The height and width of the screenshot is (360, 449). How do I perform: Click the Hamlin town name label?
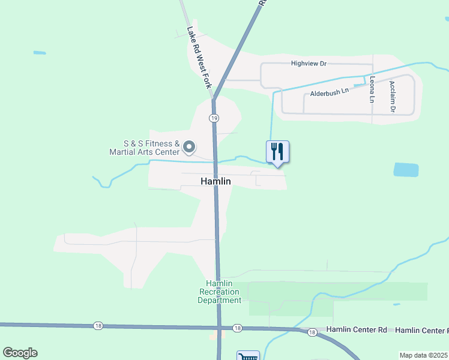coord(215,181)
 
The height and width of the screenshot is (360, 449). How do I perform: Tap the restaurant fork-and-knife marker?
coord(277,151)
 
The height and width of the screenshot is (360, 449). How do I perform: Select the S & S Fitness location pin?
coord(189,147)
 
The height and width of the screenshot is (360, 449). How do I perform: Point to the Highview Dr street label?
coord(308,63)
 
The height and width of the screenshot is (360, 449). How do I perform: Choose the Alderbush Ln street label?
coord(329,93)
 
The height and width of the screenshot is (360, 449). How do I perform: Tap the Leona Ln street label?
coord(373,88)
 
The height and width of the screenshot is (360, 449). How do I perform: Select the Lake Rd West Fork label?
coord(199,58)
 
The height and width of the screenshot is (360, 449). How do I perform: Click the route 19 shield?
coord(214,118)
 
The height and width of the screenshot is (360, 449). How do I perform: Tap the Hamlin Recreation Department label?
coord(220,292)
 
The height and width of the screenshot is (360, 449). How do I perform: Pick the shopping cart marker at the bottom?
coord(247,356)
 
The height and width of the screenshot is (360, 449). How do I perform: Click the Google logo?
coord(20,353)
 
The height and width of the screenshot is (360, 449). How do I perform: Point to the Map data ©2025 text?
coord(423,355)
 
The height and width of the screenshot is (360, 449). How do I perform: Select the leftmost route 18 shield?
coord(98,326)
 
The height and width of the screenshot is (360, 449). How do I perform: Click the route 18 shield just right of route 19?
coord(238,328)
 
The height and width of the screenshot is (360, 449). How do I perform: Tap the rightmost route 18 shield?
coord(312,332)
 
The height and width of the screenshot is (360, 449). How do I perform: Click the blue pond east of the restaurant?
coord(406,170)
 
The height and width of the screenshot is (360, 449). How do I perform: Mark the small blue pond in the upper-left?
coord(40,53)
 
